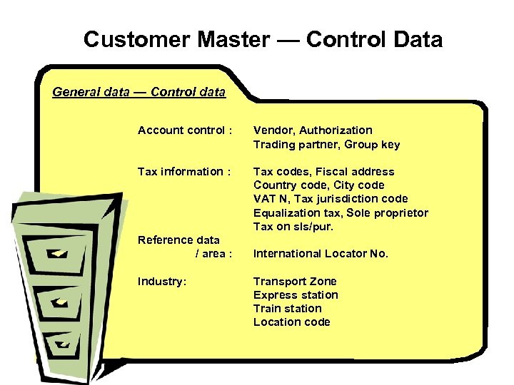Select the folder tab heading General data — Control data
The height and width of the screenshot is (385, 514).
click(138, 92)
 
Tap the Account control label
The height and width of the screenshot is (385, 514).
click(185, 130)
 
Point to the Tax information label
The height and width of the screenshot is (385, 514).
click(184, 172)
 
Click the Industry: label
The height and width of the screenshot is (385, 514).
click(162, 282)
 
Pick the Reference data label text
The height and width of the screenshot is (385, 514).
click(178, 240)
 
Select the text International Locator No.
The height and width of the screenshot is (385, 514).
click(321, 254)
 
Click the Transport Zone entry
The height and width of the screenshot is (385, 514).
click(295, 282)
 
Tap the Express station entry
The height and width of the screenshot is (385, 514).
click(296, 295)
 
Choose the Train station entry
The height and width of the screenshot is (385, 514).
click(287, 309)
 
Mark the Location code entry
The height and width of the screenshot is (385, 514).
click(291, 322)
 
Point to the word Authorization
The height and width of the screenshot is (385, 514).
click(336, 130)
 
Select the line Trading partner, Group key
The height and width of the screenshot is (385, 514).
click(326, 145)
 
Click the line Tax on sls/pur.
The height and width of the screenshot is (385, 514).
click(293, 227)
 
